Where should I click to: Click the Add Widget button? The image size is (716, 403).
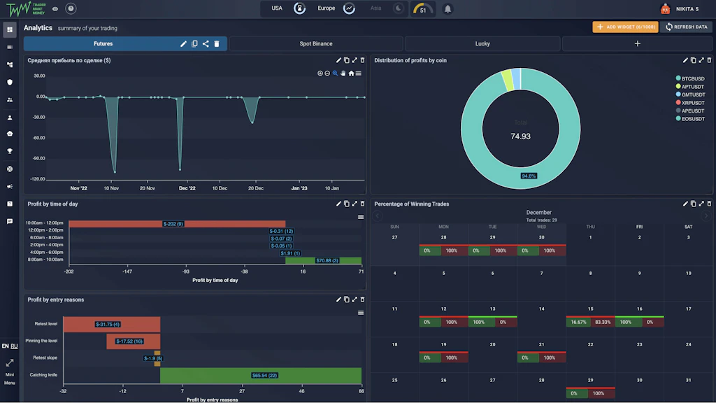[x=625, y=27]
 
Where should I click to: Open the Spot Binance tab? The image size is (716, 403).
[x=316, y=43]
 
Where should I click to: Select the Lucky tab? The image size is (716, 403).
[x=482, y=43]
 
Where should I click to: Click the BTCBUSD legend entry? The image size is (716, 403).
[x=693, y=78]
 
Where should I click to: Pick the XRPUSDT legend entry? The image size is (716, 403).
[x=693, y=103]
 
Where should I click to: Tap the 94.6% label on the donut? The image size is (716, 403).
[x=529, y=176]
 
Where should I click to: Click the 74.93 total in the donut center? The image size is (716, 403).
[x=520, y=136]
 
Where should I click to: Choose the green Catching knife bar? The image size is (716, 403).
[x=261, y=376]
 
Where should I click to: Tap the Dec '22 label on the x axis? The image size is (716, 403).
[x=187, y=188]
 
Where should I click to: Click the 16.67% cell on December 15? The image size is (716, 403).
[x=578, y=323]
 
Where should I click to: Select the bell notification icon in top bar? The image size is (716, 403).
[x=447, y=9]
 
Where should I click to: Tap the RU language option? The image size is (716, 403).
[x=14, y=346]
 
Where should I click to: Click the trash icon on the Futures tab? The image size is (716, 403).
[x=217, y=44]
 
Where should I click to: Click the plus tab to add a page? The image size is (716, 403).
[x=637, y=43]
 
